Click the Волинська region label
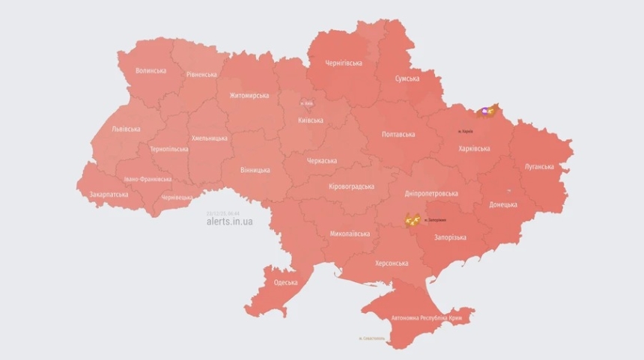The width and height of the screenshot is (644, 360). pos(151,71)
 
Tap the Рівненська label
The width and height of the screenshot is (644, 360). pos(201,74)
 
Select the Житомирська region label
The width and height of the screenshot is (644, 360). pos(249,96)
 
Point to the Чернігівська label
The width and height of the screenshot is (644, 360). pos(344,64)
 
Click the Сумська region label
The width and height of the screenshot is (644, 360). pos(407,79)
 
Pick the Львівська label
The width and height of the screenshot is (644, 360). pos(126,129)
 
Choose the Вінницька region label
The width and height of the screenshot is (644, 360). pos(255,170)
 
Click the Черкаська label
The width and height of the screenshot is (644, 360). pos(322,160)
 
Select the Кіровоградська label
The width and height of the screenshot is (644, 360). pos(352,186)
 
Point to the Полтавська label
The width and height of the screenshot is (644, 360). pos(398,135)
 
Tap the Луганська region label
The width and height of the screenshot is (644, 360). pos(538,167)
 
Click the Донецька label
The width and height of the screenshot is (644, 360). pos(502,204)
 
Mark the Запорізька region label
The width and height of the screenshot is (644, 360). pos(450,237)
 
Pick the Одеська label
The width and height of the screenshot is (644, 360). pos(286,282)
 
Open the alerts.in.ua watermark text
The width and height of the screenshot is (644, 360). pos(229,222)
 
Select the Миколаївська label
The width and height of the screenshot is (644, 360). pos(350,234)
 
